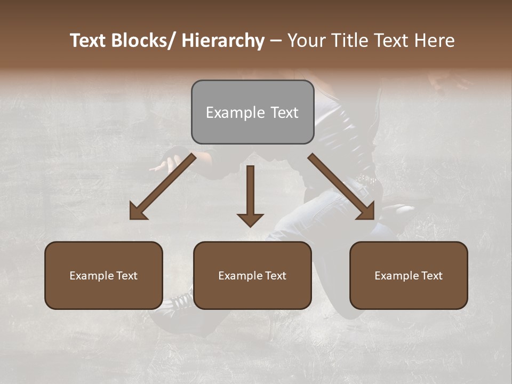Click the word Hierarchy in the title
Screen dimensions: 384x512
[x=223, y=41]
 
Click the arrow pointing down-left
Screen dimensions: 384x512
[x=163, y=186]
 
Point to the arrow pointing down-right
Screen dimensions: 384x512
[x=341, y=186]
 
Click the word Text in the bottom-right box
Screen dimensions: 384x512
[x=431, y=276]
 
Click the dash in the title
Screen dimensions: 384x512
[x=276, y=41]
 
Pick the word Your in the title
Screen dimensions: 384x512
[x=305, y=41]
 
